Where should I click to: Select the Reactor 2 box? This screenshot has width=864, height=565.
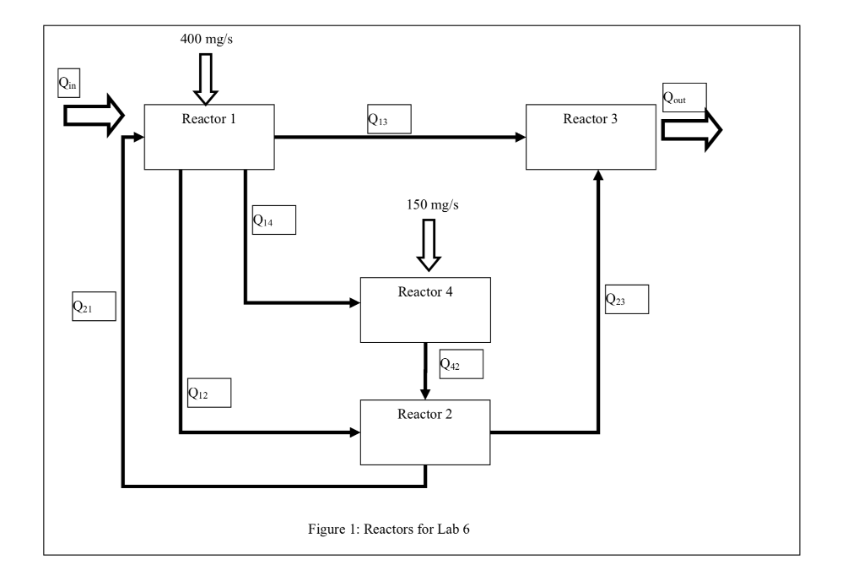coord(424,431)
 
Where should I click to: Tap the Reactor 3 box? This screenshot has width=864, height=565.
coord(591,137)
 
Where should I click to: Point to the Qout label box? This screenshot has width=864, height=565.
coord(683,96)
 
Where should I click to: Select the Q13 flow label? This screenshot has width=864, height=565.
coord(388,120)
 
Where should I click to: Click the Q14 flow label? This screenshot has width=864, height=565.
coord(273,220)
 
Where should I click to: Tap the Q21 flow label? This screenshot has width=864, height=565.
coord(92,306)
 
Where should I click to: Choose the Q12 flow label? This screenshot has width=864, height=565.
coord(208,393)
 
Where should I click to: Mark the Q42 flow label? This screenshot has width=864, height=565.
coord(461,363)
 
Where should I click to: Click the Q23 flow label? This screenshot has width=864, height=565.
coord(626,299)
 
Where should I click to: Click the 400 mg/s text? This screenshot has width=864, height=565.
coord(208,39)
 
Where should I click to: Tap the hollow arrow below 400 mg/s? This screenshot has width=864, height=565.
coord(206,78)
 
